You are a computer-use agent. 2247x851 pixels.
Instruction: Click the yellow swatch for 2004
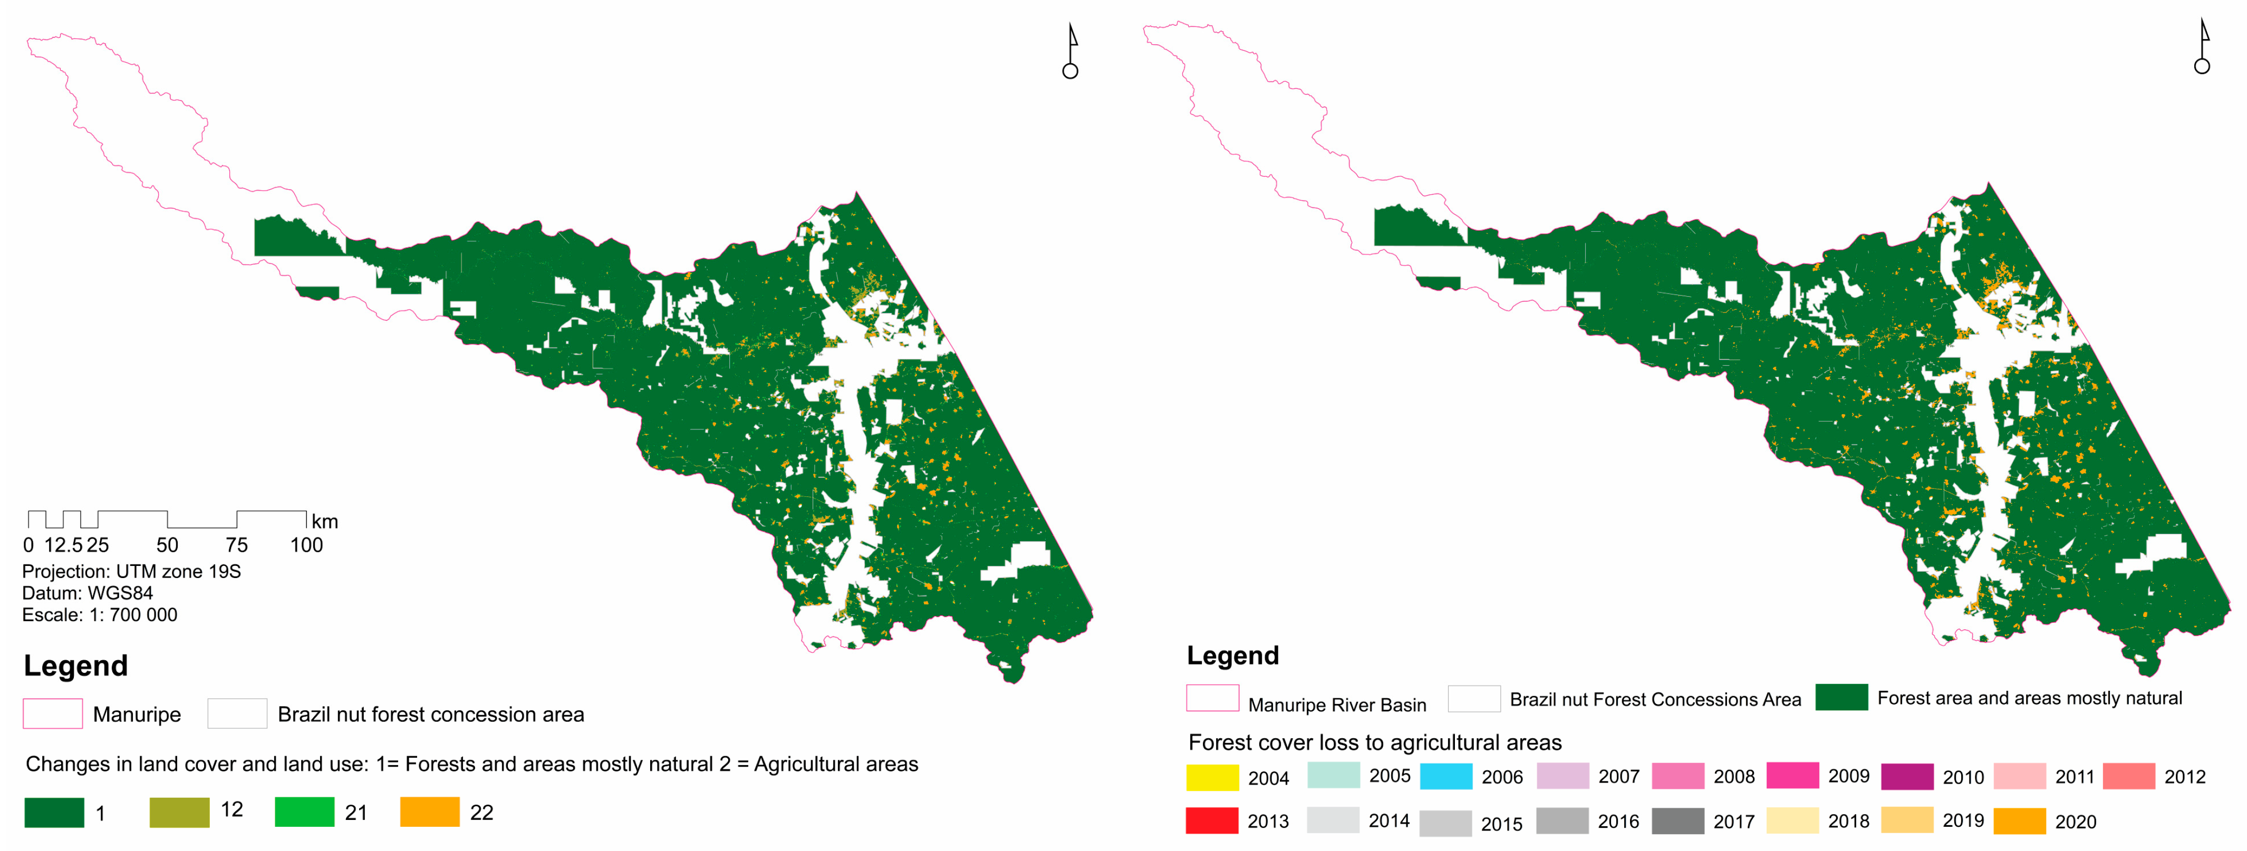1212,776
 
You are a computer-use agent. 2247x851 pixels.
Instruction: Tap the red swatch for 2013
1212,820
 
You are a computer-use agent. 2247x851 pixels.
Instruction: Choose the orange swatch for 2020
2019,820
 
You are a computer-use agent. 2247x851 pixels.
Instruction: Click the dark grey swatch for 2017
1677,820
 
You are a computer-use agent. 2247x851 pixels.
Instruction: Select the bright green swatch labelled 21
304,812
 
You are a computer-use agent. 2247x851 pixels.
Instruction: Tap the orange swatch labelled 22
429,812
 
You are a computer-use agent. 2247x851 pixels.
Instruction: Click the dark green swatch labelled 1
54,812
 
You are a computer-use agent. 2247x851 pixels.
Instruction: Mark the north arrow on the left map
1071,52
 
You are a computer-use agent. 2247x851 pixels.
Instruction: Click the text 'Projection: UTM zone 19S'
131,571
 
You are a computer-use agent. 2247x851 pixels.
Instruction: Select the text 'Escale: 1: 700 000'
100,615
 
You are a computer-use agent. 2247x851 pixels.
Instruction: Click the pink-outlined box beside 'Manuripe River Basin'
1212,698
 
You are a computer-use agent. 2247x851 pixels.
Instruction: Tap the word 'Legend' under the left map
76,666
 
